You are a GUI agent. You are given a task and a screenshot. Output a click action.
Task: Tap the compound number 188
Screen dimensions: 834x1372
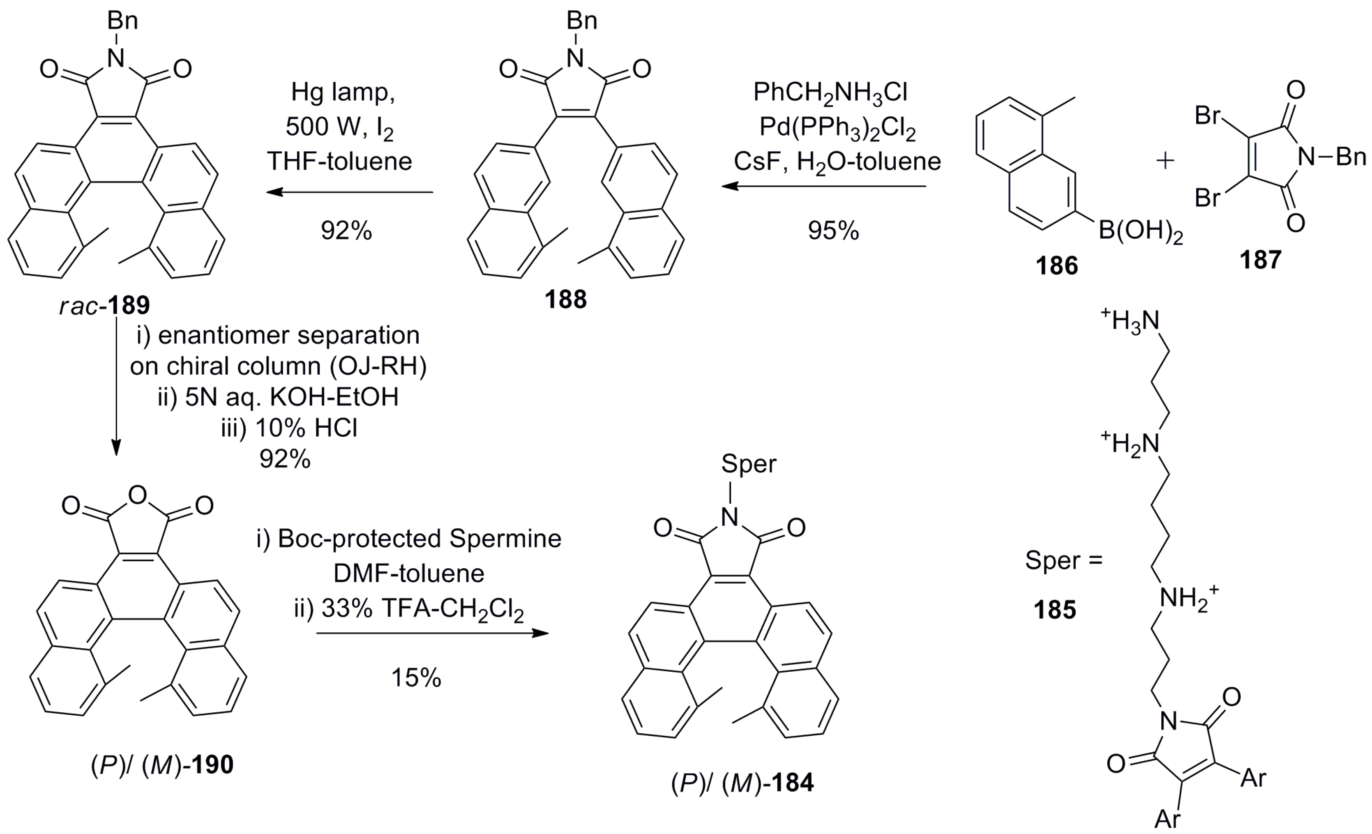pyautogui.click(x=566, y=300)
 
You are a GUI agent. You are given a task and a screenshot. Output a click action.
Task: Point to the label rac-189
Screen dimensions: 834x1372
pyautogui.click(x=105, y=305)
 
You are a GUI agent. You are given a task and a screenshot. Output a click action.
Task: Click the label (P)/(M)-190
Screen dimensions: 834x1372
pyautogui.click(x=162, y=765)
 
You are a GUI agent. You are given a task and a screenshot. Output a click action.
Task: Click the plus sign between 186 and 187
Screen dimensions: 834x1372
pyautogui.click(x=1165, y=161)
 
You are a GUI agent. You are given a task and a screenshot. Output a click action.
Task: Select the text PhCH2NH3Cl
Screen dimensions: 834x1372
pyautogui.click(x=830, y=92)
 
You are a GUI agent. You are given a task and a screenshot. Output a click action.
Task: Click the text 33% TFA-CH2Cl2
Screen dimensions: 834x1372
pyautogui.click(x=409, y=610)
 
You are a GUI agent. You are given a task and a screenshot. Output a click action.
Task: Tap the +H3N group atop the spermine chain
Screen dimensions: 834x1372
pyautogui.click(x=1130, y=321)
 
